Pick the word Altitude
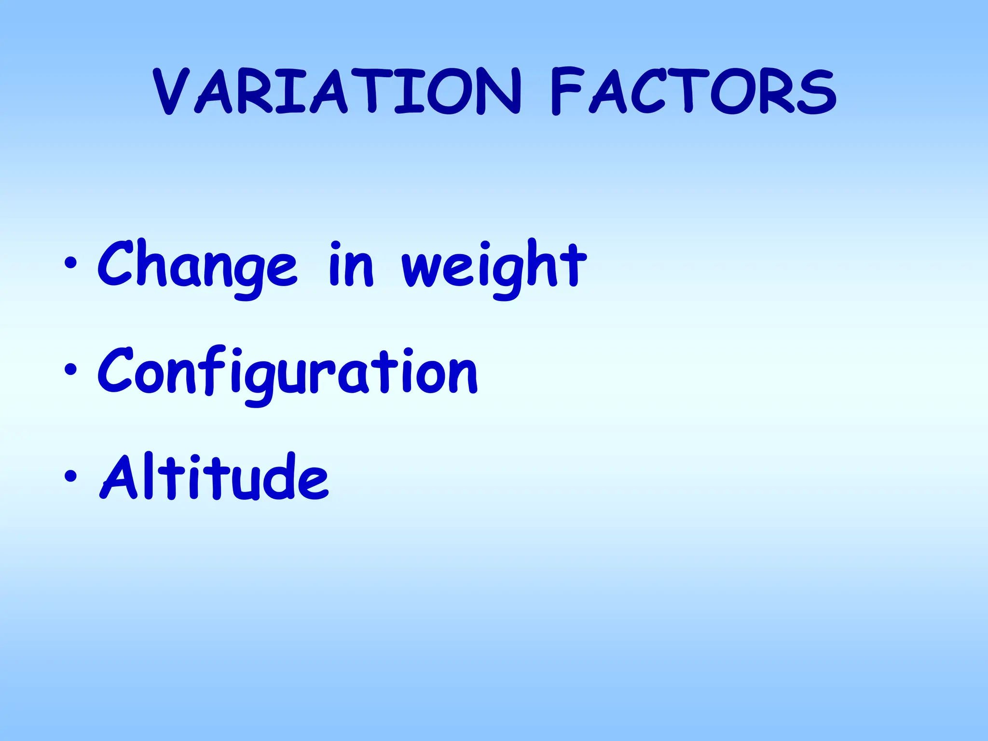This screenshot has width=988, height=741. pyautogui.click(x=214, y=478)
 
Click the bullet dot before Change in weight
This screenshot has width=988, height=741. pyautogui.click(x=70, y=263)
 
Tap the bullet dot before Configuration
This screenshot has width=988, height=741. pyautogui.click(x=70, y=370)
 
